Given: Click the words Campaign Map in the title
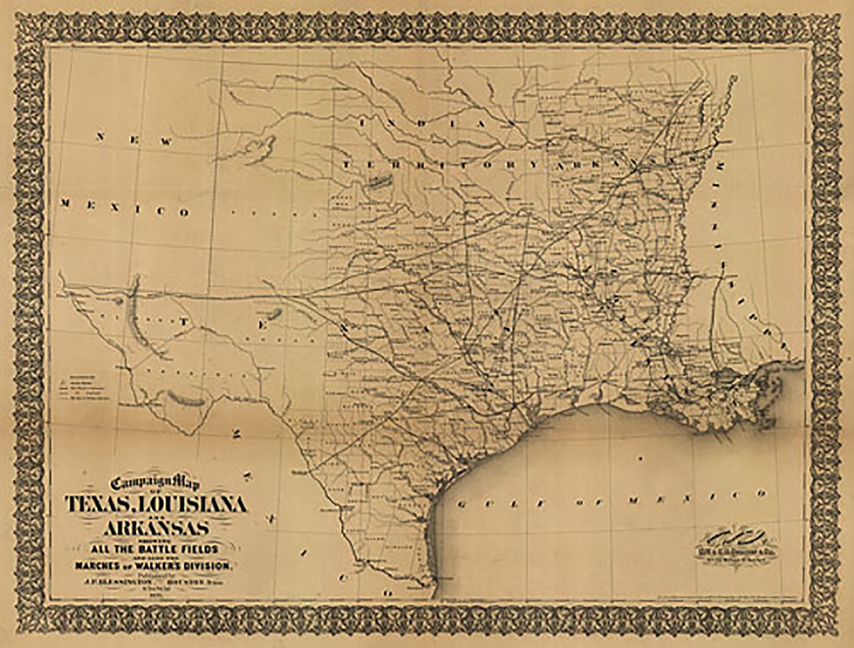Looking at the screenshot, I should coord(154,482).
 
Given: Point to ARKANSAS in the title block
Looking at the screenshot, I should coord(156,529).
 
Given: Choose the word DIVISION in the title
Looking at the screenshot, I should coord(212,565).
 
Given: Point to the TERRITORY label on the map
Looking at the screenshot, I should coord(437,165).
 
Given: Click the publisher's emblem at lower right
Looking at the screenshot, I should coord(734,543).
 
